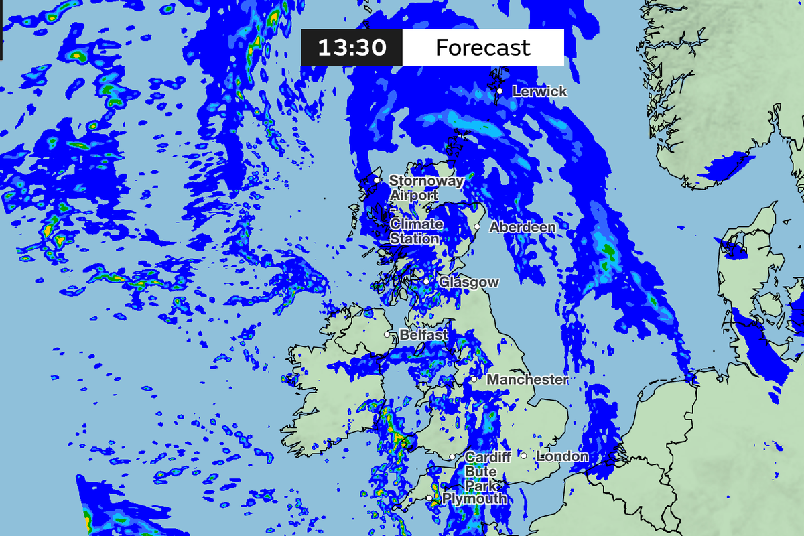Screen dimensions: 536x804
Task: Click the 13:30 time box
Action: click(x=352, y=48)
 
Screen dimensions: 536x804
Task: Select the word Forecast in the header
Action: click(x=482, y=48)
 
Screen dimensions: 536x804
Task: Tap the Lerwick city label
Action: click(x=539, y=92)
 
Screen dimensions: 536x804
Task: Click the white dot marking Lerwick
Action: click(x=500, y=91)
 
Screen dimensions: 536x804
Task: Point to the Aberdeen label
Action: click(x=523, y=227)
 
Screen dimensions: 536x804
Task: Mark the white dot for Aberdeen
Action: click(x=477, y=227)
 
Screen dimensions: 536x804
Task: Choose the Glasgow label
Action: click(x=468, y=283)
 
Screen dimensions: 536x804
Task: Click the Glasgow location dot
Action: click(x=426, y=282)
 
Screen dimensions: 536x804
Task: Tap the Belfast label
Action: click(x=423, y=334)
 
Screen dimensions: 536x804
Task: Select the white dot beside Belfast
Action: click(x=387, y=334)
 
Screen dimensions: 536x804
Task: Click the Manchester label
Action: click(x=527, y=380)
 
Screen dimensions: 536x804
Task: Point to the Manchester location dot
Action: click(x=474, y=379)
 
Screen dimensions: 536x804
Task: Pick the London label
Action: click(x=563, y=456)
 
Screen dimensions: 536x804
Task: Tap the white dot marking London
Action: click(x=523, y=456)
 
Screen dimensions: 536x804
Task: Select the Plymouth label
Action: click(x=474, y=499)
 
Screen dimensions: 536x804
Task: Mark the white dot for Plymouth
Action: click(x=429, y=498)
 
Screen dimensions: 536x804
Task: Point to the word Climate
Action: click(x=416, y=224)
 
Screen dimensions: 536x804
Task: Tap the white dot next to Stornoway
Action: click(x=377, y=180)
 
